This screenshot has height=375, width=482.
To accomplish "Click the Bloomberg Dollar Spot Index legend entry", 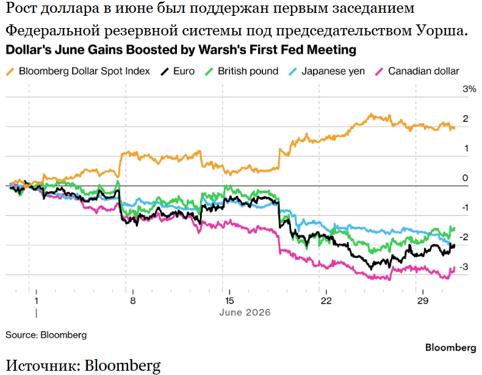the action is pyautogui.click(x=78, y=71).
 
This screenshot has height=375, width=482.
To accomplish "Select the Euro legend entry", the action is pyautogui.click(x=178, y=71).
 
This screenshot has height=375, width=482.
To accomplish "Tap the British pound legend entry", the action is pyautogui.click(x=242, y=71).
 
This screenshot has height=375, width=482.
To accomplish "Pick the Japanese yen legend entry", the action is pyautogui.click(x=327, y=71).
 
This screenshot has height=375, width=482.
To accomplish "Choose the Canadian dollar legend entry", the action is pyautogui.click(x=417, y=71).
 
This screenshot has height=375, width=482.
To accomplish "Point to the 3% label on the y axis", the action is pyautogui.click(x=469, y=89).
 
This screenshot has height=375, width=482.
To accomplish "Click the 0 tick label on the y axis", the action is pyautogui.click(x=465, y=178).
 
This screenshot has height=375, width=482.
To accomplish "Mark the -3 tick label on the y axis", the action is pyautogui.click(x=464, y=266).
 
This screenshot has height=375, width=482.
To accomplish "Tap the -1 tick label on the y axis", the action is pyautogui.click(x=465, y=207).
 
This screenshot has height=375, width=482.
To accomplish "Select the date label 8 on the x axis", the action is pyautogui.click(x=132, y=301).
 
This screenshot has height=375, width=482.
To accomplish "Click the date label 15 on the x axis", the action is pyautogui.click(x=229, y=301).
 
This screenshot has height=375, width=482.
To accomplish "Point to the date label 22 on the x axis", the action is pyautogui.click(x=326, y=301).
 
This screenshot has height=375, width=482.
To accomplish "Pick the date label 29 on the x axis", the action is pyautogui.click(x=423, y=301).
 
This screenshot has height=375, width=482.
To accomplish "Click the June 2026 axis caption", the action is pyautogui.click(x=245, y=313).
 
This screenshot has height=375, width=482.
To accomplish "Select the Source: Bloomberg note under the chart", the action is pyautogui.click(x=46, y=335).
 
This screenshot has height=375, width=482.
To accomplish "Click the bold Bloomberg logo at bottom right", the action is pyautogui.click(x=451, y=348).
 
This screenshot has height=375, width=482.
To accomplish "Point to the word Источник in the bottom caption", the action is pyautogui.click(x=43, y=365).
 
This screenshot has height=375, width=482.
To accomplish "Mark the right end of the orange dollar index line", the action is pyautogui.click(x=455, y=128).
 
